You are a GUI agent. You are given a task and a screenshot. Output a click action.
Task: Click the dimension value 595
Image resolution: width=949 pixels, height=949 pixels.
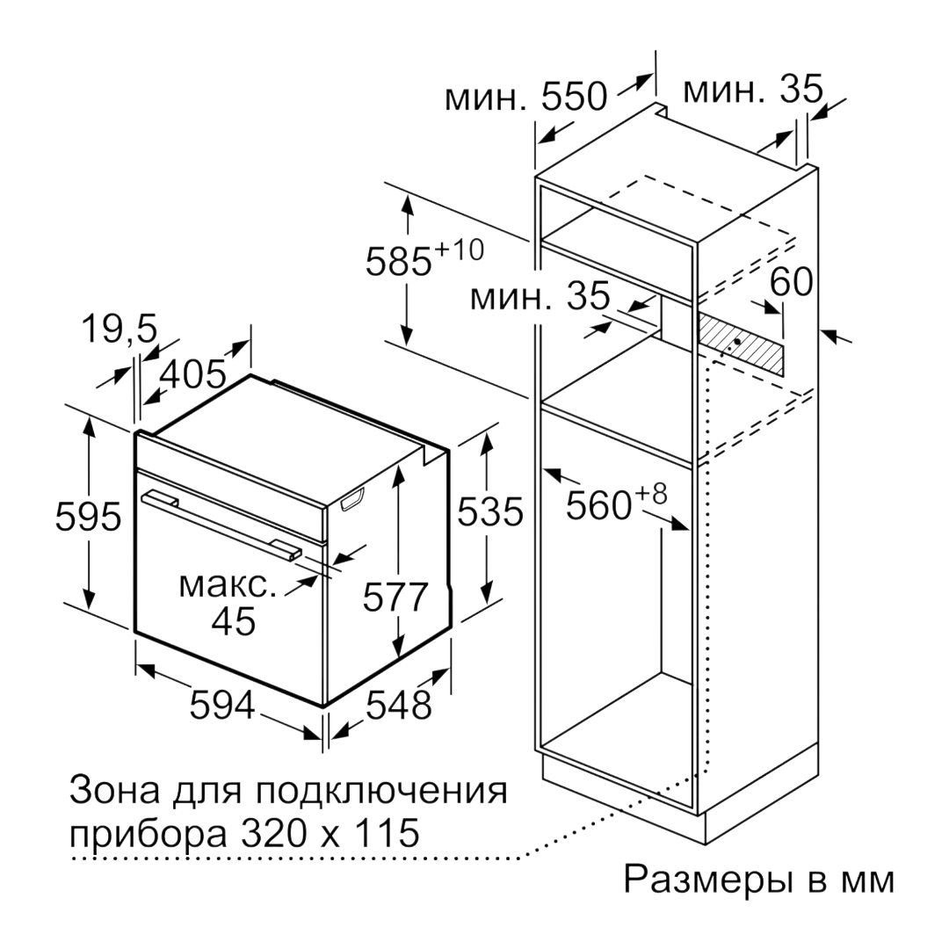point(89,518)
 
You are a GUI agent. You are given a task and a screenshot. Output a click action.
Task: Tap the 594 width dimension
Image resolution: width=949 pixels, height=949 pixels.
point(222,705)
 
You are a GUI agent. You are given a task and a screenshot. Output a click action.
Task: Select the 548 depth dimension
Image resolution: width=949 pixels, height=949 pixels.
point(399,705)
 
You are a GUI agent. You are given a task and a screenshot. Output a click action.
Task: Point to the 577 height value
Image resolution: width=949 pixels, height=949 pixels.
point(395,598)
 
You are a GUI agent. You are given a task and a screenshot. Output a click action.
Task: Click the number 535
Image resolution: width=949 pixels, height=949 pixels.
point(489,511)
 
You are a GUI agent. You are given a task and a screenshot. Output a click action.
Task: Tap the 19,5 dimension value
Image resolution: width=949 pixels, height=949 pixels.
point(120,330)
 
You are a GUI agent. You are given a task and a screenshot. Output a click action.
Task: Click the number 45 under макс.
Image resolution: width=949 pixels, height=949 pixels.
point(234,620)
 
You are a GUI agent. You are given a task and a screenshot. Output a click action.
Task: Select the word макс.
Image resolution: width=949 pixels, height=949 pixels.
point(228,584)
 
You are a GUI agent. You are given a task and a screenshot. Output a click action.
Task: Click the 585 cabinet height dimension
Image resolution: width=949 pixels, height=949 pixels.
point(399,262)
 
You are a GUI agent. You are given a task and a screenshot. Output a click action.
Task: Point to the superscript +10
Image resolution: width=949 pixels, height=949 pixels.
point(460,250)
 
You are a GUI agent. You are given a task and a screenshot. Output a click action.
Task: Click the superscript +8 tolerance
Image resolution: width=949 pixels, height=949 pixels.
point(650,495)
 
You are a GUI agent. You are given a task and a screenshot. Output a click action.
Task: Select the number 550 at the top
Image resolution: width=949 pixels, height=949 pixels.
point(573,96)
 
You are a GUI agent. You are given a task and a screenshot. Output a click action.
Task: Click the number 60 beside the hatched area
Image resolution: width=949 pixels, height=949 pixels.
point(791,282)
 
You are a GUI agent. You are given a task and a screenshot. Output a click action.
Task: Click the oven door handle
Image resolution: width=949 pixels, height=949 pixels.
point(221,523)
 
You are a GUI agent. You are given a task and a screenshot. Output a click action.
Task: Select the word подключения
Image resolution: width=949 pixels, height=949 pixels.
point(379,791)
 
